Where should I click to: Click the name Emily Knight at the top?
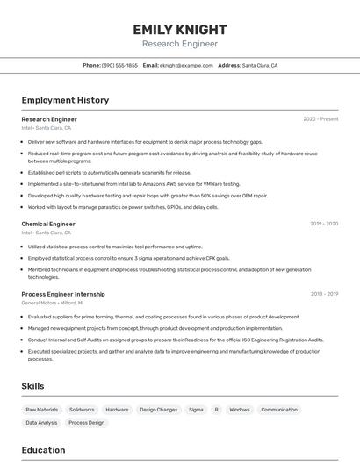[179, 29]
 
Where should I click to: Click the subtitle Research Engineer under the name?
[179, 44]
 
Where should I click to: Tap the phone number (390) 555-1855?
[119, 65]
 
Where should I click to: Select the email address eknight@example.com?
[186, 65]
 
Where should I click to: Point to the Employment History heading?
[65, 100]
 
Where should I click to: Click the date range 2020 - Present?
[320, 118]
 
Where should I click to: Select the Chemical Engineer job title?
[48, 224]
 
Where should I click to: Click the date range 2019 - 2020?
[324, 224]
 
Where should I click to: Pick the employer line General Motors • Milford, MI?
[54, 303]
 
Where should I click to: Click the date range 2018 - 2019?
[324, 294]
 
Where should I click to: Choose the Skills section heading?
[33, 386]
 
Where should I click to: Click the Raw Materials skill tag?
[41, 410]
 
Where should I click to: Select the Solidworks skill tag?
[82, 410]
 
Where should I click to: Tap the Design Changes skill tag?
[158, 410]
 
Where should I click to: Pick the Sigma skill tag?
[196, 410]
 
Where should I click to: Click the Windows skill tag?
[240, 410]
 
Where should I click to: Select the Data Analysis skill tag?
[41, 423]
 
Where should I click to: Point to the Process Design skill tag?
[86, 423]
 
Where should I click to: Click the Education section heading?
[43, 450]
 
